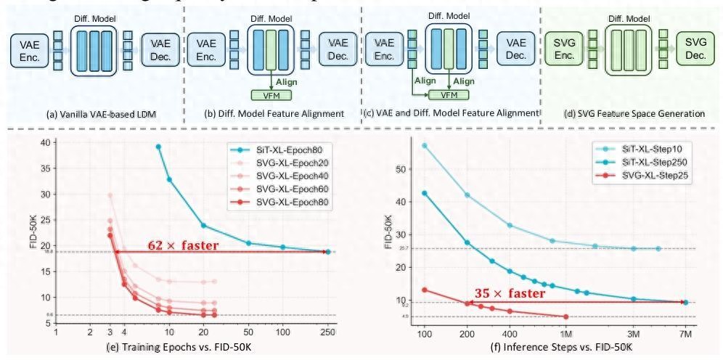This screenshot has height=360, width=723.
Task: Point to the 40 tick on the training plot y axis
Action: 46,143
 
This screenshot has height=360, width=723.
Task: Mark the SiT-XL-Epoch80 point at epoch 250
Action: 327,252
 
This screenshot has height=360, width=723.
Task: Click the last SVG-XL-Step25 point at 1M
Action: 565,316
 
